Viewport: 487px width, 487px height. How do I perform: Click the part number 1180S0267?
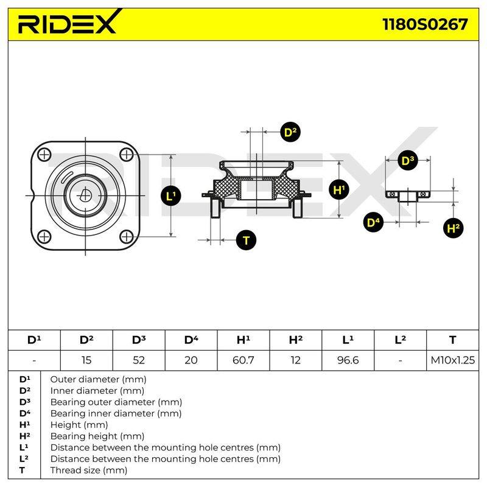pyautogui.click(x=425, y=24)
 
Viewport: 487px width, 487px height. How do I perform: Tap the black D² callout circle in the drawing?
pyautogui.click(x=290, y=132)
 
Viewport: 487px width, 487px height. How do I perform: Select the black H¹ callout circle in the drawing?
pyautogui.click(x=339, y=189)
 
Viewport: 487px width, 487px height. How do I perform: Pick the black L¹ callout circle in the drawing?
pyautogui.click(x=171, y=195)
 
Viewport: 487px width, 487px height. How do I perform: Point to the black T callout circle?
pyautogui.click(x=246, y=240)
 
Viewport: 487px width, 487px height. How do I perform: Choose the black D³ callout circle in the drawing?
pyautogui.click(x=407, y=161)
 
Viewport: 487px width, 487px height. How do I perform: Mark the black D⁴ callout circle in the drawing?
pyautogui.click(x=373, y=222)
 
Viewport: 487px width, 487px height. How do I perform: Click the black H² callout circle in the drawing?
pyautogui.click(x=453, y=228)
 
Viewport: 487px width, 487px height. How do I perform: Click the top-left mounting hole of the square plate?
pyautogui.click(x=44, y=155)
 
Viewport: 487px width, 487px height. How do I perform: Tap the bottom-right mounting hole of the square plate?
pyautogui.click(x=127, y=237)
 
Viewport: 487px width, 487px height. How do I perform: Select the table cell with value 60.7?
pyautogui.click(x=243, y=360)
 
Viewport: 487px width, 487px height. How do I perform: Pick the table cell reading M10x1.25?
pyautogui.click(x=452, y=360)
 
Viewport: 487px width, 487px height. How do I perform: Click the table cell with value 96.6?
pyautogui.click(x=348, y=360)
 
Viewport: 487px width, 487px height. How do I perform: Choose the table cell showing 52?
pyautogui.click(x=139, y=360)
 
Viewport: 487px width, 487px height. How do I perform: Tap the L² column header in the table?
pyautogui.click(x=400, y=340)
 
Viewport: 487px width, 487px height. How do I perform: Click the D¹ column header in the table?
pyautogui.click(x=34, y=340)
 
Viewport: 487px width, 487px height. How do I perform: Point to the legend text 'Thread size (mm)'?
pyautogui.click(x=89, y=470)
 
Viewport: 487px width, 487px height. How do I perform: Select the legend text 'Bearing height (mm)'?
pyautogui.click(x=97, y=436)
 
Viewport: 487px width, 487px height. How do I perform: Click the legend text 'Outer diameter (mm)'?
pyautogui.click(x=98, y=379)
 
